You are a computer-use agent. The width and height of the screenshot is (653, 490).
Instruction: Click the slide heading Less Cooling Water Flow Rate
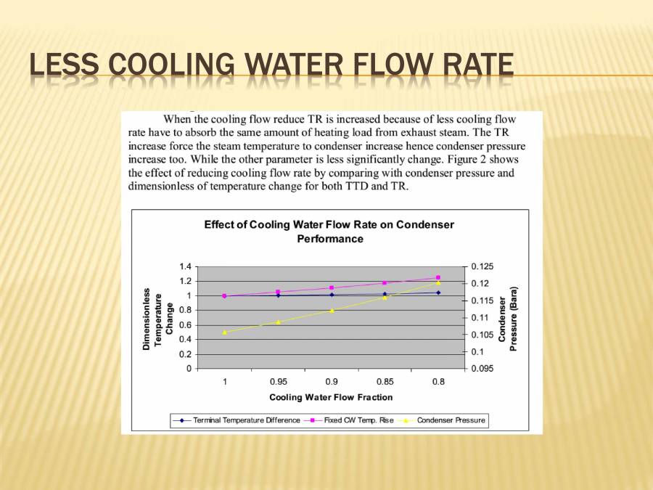click(x=271, y=65)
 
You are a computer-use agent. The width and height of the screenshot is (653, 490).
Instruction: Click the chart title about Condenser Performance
click(x=329, y=232)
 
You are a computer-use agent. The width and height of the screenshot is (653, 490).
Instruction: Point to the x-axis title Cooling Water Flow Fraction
click(x=331, y=397)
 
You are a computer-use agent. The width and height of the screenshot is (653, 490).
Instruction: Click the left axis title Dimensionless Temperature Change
click(x=158, y=318)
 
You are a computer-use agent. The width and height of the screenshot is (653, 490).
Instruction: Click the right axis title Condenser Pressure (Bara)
click(x=508, y=318)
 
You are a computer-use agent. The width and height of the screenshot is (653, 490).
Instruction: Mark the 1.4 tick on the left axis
click(x=186, y=266)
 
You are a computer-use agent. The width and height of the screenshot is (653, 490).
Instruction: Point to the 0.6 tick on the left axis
click(x=186, y=325)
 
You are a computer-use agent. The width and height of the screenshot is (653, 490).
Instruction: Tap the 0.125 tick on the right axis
click(x=481, y=266)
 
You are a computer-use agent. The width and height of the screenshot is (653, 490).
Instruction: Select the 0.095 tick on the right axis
click(x=481, y=369)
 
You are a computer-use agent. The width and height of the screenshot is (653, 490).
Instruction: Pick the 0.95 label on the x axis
click(x=278, y=381)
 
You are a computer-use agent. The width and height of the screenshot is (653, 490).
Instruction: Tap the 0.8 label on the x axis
click(x=438, y=381)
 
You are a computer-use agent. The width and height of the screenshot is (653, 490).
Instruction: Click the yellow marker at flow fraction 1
click(x=224, y=332)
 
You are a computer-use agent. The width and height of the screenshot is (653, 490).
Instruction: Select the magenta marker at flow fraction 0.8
click(x=438, y=277)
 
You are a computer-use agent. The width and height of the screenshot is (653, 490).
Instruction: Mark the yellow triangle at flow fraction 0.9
click(x=332, y=310)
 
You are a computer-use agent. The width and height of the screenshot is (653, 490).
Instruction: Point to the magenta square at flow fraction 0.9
click(x=332, y=287)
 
